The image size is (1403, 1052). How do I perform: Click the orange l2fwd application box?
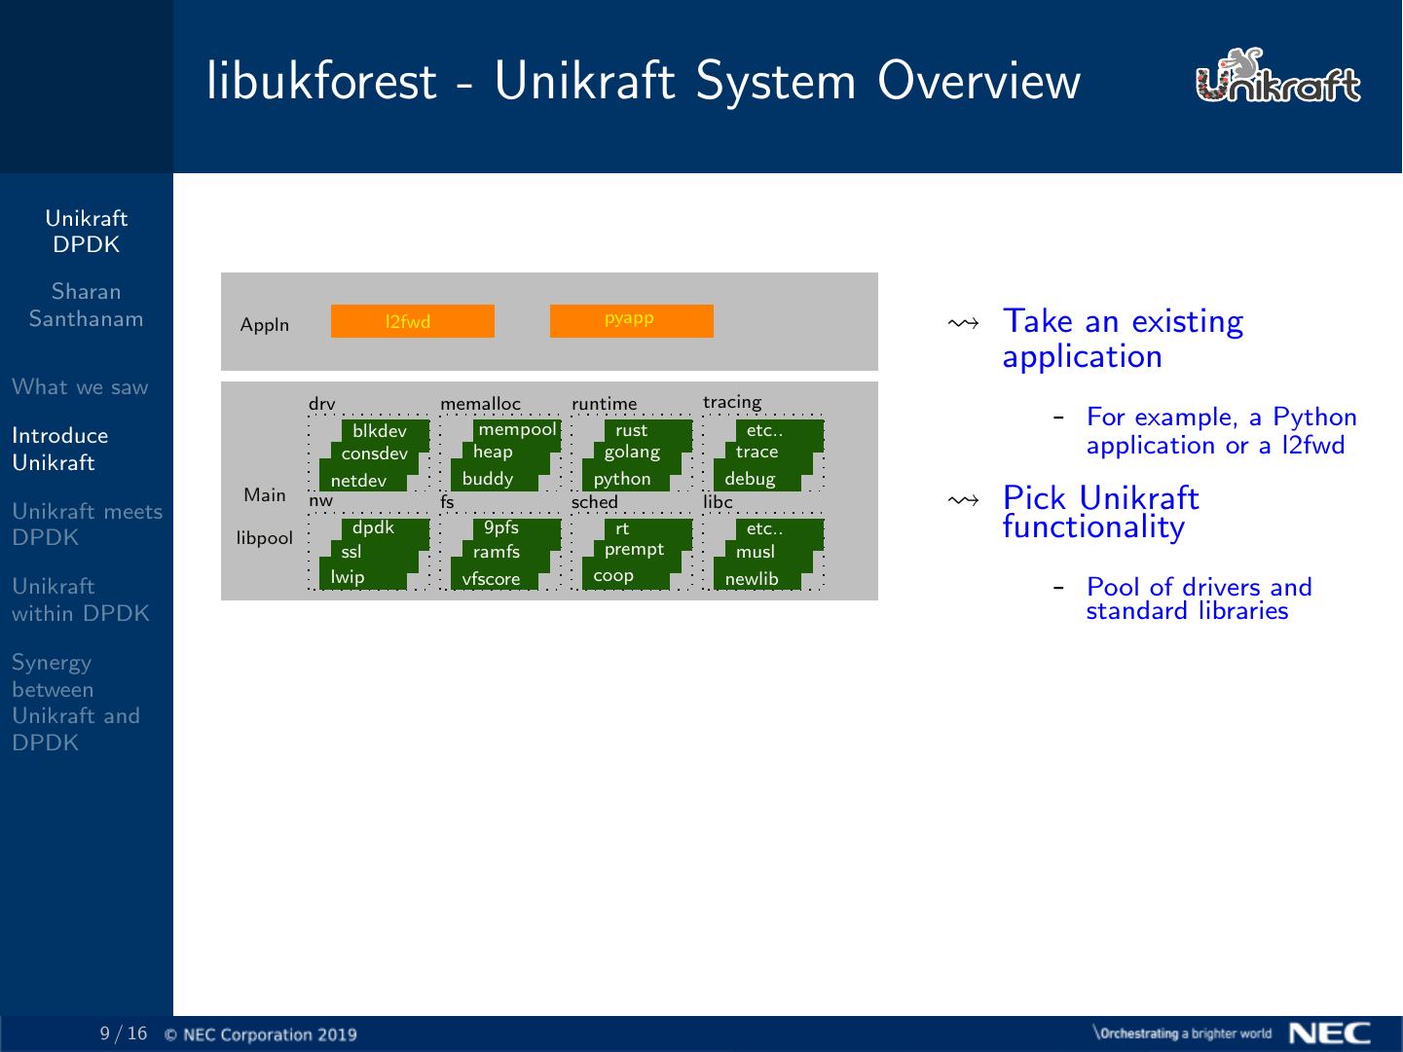pyautogui.click(x=412, y=321)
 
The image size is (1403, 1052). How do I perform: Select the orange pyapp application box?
pyautogui.click(x=631, y=321)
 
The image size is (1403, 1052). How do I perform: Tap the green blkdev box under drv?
pyautogui.click(x=381, y=431)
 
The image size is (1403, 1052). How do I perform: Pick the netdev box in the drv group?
pyautogui.click(x=359, y=481)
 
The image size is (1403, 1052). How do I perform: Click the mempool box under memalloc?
pyautogui.click(x=517, y=430)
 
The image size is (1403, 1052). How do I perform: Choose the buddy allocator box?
pyautogui.click(x=489, y=479)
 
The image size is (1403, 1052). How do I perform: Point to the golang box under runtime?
pyautogui.click(x=633, y=453)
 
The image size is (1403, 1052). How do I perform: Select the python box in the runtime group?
pyautogui.click(x=623, y=479)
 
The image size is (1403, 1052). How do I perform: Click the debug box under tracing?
pyautogui.click(x=751, y=479)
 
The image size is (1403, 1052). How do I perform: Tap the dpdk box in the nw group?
pyautogui.click(x=375, y=528)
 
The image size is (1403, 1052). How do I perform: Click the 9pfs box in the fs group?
pyautogui.click(x=502, y=528)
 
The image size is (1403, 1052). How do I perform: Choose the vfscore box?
pyautogui.click(x=492, y=579)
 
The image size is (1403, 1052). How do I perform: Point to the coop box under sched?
pyautogui.click(x=614, y=576)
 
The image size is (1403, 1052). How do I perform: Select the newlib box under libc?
pyautogui.click(x=753, y=579)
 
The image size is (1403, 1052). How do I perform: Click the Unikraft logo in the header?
pyautogui.click(x=1277, y=78)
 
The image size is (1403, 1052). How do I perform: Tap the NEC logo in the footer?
pyautogui.click(x=1330, y=1033)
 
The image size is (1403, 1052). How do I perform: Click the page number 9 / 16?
pyautogui.click(x=124, y=1034)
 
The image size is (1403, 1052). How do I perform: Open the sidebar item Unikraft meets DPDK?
pyautogui.click(x=87, y=524)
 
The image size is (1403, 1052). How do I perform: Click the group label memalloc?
pyautogui.click(x=480, y=404)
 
